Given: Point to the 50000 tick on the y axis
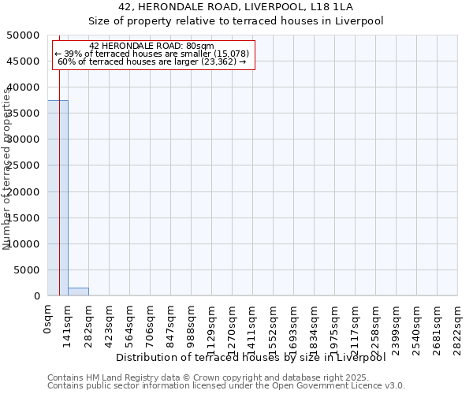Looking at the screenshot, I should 24,35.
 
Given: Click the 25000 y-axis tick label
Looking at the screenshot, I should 24,165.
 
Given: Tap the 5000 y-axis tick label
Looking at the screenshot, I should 28,270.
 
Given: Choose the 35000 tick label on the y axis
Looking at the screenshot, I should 24,113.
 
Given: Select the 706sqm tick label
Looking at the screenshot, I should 150,321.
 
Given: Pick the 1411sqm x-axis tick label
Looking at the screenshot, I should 252,324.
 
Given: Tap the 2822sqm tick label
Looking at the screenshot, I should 457,324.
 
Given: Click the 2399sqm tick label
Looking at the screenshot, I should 396,324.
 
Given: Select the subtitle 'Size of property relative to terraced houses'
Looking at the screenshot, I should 236,21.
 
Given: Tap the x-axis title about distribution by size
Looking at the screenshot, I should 255,358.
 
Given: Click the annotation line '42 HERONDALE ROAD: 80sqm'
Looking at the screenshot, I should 151,46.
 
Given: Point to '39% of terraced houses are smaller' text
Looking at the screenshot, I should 152,54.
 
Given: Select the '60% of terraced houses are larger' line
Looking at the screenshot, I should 152,61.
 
